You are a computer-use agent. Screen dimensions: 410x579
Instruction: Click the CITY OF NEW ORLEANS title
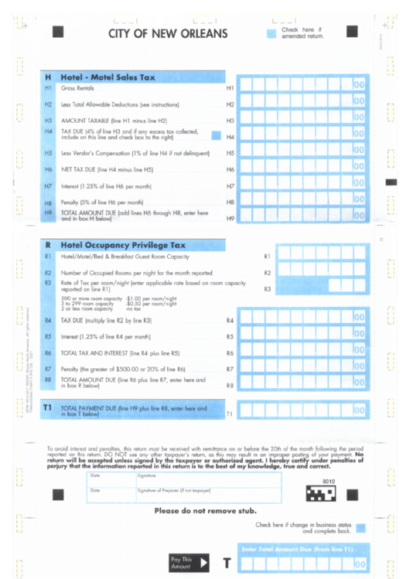click(168, 34)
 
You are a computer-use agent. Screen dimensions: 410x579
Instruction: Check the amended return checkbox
click(271, 33)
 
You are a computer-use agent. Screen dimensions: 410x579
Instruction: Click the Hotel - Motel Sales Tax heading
click(108, 77)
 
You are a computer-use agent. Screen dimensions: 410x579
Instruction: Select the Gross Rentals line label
click(77, 89)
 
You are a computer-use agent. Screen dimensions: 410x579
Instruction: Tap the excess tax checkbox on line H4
click(217, 135)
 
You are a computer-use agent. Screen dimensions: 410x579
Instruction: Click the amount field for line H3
click(302, 119)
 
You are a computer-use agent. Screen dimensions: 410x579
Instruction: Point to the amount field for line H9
click(302, 217)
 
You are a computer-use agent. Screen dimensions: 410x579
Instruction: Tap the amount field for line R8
click(302, 383)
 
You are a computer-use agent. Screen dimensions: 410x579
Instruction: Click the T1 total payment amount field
click(302, 411)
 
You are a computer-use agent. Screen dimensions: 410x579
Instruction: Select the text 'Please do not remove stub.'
click(205, 512)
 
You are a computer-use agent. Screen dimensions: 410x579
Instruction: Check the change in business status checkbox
click(360, 527)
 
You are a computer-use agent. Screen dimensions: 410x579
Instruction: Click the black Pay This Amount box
click(189, 562)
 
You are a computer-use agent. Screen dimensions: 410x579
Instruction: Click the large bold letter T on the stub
click(227, 564)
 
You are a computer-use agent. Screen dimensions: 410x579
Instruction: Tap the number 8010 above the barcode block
click(328, 480)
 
